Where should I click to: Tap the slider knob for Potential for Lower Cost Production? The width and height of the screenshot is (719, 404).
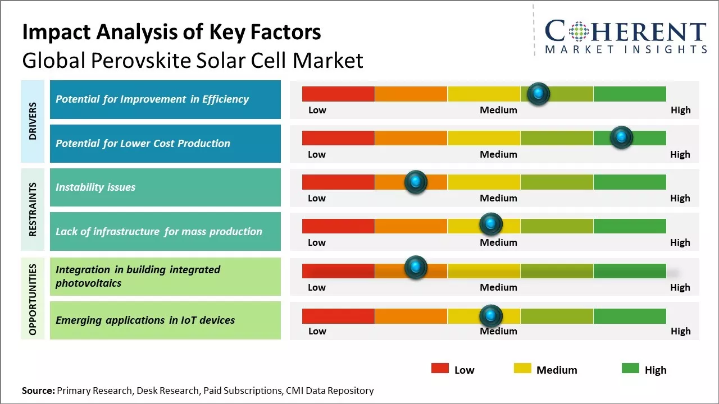[x=621, y=137]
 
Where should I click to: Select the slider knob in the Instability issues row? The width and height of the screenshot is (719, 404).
[x=416, y=182]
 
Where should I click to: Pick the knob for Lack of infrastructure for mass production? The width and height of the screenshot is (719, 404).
[x=491, y=224]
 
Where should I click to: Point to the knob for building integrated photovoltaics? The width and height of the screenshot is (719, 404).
[x=416, y=268]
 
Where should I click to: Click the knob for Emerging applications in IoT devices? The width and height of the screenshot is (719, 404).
[x=491, y=316]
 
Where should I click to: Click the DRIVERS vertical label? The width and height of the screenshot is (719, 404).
[x=33, y=121]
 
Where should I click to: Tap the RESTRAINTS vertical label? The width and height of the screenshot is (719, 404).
[x=33, y=209]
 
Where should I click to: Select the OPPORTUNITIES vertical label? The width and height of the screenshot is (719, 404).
[x=33, y=299]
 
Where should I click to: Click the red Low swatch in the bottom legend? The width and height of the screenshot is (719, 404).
[x=440, y=368]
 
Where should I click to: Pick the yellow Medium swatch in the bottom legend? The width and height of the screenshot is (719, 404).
[x=522, y=368]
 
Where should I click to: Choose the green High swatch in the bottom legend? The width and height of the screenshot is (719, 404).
[x=630, y=368]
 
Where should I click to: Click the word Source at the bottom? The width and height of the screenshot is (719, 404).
[x=38, y=391]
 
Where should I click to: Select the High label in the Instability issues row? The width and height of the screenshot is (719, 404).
[x=680, y=198]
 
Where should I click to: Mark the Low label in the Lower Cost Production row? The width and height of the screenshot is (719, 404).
[x=317, y=154]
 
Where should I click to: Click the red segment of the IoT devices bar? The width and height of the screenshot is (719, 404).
[x=338, y=316]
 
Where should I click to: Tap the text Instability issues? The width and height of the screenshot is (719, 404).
[x=95, y=187]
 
